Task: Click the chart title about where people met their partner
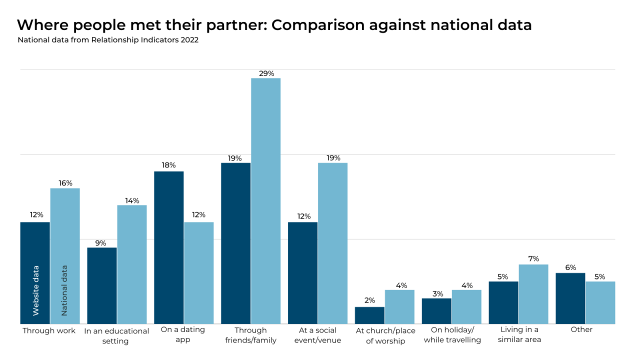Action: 274,25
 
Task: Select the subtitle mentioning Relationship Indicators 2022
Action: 108,40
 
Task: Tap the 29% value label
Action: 266,73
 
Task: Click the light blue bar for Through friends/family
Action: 265,200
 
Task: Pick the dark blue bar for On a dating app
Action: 169,247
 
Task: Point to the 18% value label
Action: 169,165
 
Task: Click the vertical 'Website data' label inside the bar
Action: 35,290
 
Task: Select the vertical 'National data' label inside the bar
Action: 64,290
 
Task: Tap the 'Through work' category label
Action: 49,330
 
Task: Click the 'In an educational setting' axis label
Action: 116,336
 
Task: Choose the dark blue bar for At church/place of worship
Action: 369,315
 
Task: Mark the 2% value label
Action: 369,300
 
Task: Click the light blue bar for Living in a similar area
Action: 533,294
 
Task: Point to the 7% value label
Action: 533,258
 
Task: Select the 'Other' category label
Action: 581,329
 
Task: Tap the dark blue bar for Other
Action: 570,298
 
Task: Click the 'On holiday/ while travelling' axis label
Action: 452,335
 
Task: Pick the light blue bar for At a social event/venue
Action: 332,243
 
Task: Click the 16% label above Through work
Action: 65,183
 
